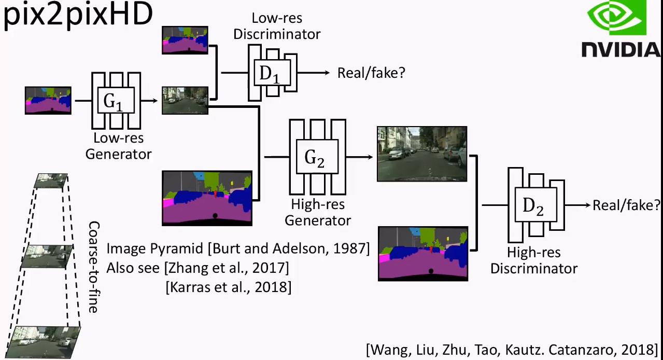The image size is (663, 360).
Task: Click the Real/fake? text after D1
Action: pyautogui.click(x=371, y=73)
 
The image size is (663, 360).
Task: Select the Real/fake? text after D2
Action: pyautogui.click(x=626, y=205)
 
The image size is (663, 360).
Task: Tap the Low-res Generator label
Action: pyautogui.click(x=119, y=146)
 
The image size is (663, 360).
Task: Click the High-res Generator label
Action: pyautogui.click(x=318, y=212)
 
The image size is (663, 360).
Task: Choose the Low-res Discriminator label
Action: pyautogui.click(x=277, y=26)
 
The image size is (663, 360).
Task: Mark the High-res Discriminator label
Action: pyautogui.click(x=534, y=260)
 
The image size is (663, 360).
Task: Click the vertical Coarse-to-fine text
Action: pyautogui.click(x=93, y=267)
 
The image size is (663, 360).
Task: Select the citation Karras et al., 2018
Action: pyautogui.click(x=228, y=287)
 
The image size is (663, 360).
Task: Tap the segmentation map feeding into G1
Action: pyautogui.click(x=48, y=101)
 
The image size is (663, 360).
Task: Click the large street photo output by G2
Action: pyautogui.click(x=421, y=153)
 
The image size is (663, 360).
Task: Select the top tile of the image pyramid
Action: pyautogui.click(x=51, y=181)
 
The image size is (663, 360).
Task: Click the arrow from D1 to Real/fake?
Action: pyautogui.click(x=314, y=73)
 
